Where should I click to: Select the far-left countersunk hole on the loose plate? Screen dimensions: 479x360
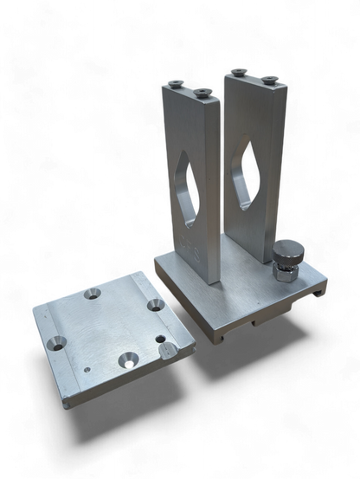click(56, 339)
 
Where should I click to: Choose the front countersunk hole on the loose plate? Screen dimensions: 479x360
click(127, 354)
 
